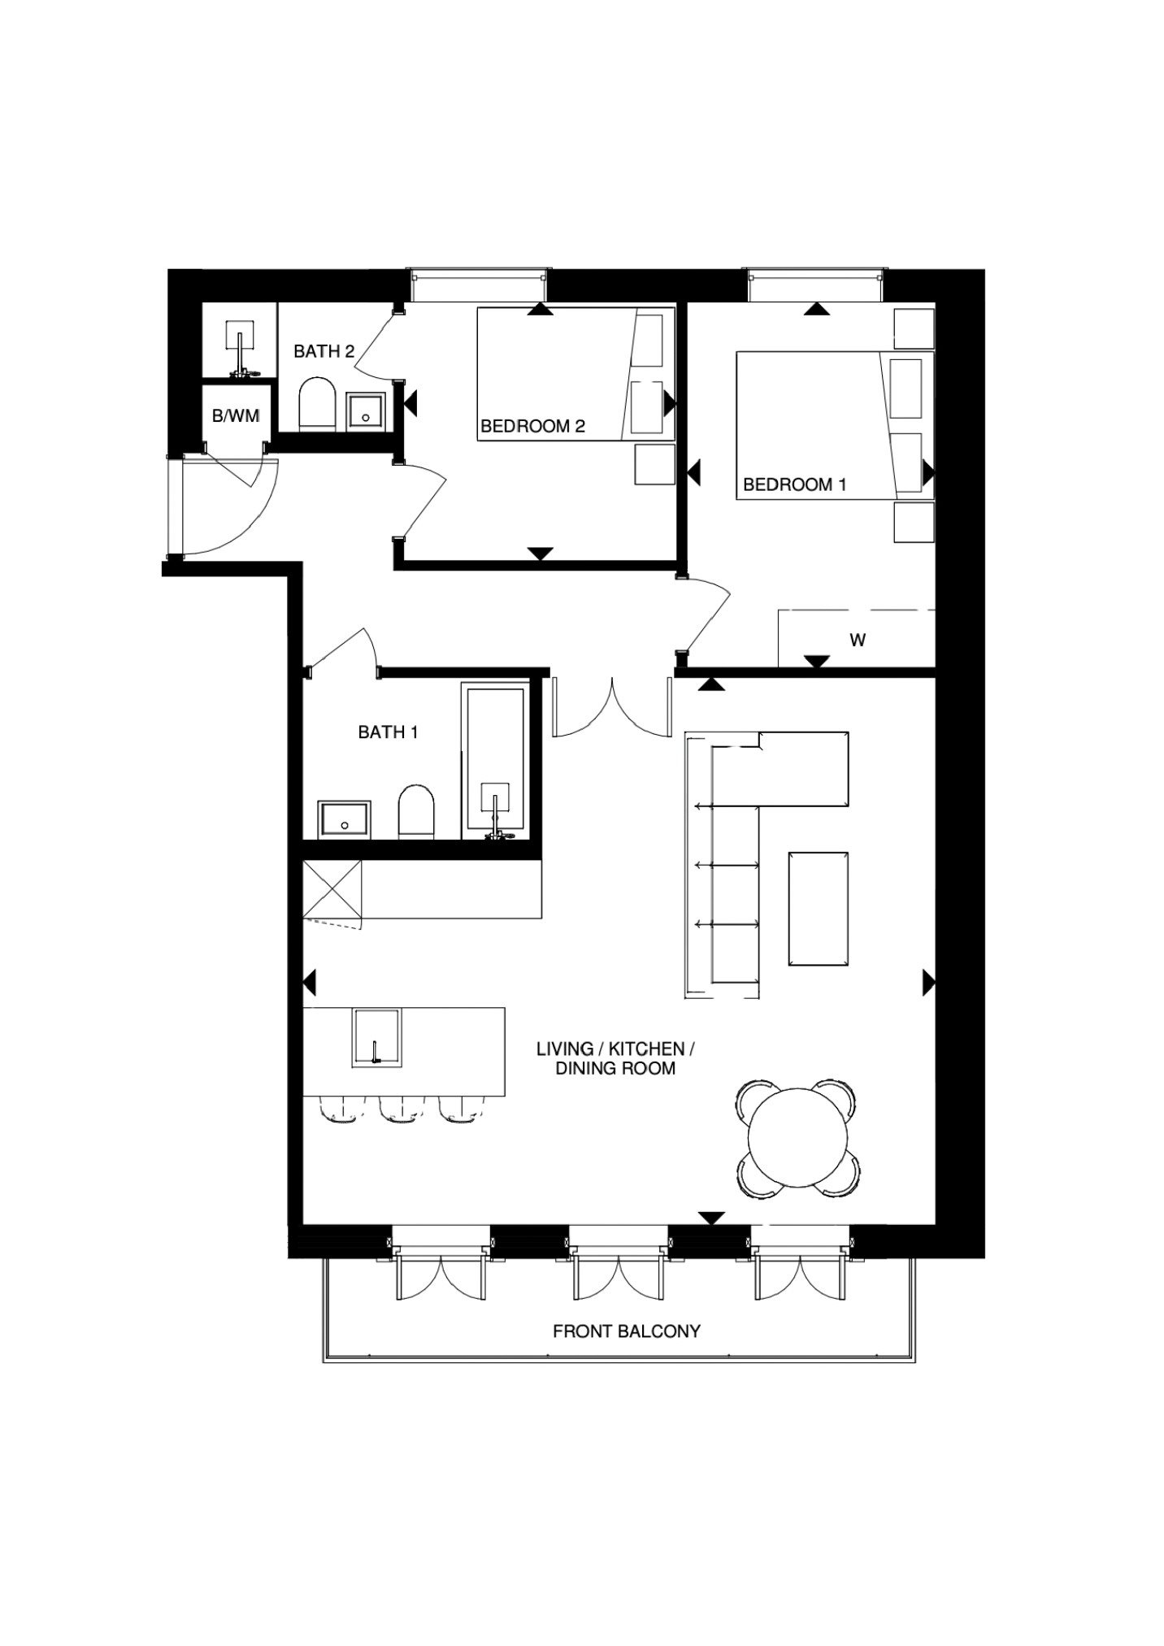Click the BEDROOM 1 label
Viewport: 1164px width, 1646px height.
pyautogui.click(x=794, y=484)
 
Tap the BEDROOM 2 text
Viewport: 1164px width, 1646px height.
pyautogui.click(x=532, y=426)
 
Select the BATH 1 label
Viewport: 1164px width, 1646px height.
pyautogui.click(x=388, y=732)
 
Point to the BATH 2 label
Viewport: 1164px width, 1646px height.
pyautogui.click(x=324, y=351)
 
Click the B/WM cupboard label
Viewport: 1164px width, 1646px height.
pyautogui.click(x=236, y=416)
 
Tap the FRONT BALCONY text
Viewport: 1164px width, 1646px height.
pyautogui.click(x=626, y=1331)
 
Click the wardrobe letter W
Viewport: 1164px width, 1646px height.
pyautogui.click(x=858, y=641)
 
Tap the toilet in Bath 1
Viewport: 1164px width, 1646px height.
pyautogui.click(x=416, y=810)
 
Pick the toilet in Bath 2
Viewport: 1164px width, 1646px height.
pyautogui.click(x=317, y=403)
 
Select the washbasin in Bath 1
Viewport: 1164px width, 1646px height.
pyautogui.click(x=345, y=819)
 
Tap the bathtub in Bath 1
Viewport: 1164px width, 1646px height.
pyautogui.click(x=494, y=762)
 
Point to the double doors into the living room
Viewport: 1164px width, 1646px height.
pyautogui.click(x=613, y=706)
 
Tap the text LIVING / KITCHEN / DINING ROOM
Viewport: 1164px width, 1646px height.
pyautogui.click(x=615, y=1058)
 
